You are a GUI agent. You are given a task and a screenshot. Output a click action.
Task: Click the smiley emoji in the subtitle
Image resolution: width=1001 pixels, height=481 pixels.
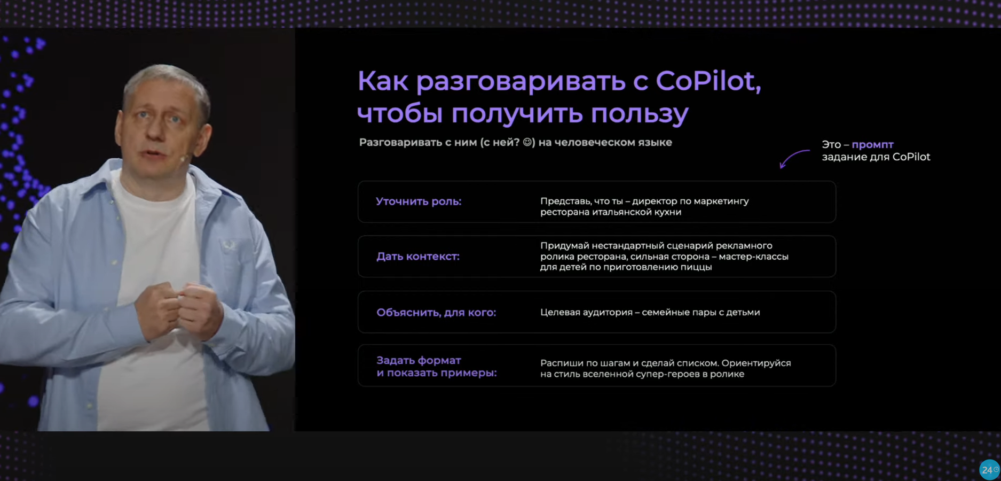pos(529,143)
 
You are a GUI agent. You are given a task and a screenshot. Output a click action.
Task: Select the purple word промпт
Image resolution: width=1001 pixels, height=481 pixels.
pos(872,144)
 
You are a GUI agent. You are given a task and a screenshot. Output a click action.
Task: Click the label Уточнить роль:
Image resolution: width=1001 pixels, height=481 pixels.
pos(419,201)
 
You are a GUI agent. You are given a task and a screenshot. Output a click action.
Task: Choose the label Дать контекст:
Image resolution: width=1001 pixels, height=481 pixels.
pos(418,257)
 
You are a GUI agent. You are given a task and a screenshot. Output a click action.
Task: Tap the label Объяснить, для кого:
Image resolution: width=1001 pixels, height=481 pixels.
pos(436,313)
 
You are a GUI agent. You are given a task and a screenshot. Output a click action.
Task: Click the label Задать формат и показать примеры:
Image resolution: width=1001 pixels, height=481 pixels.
pos(436,367)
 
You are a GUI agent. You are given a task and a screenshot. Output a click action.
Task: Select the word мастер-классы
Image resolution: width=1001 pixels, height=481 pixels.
pos(753,257)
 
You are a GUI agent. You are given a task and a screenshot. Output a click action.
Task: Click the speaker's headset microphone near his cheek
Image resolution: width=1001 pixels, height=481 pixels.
pos(183,159)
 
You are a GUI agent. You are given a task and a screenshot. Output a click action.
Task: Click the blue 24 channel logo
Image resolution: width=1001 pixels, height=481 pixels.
pos(989,470)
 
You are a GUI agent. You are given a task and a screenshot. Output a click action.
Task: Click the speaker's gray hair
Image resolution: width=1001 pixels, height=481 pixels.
pos(165,80)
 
